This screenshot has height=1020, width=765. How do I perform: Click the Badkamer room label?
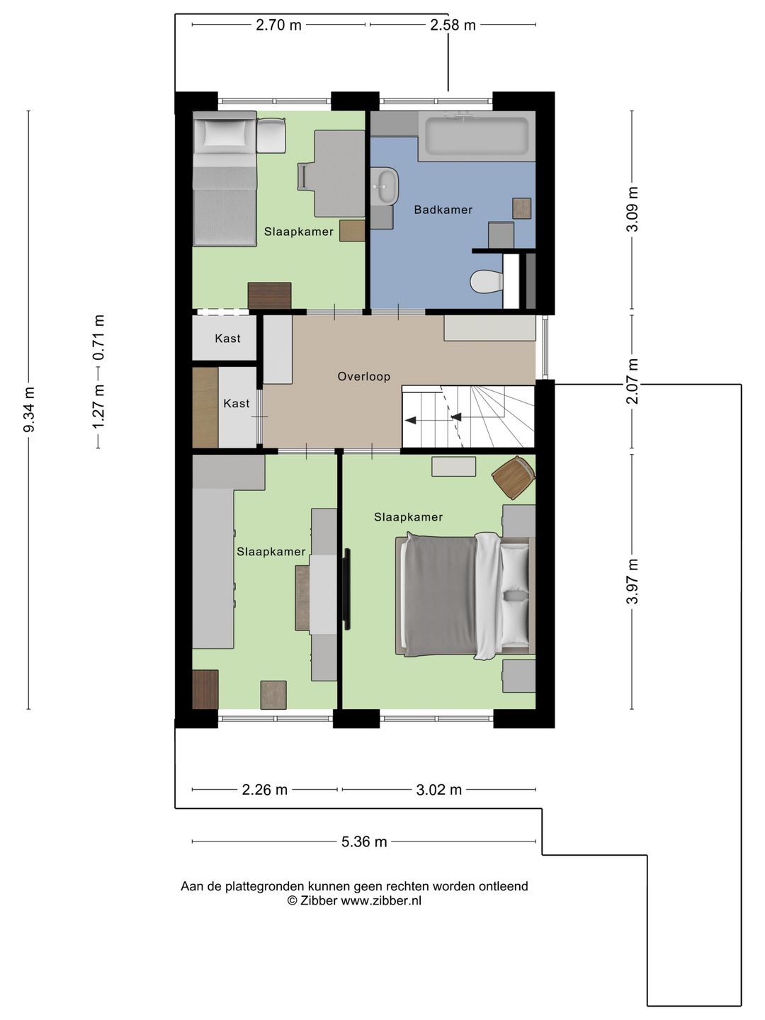point(443,210)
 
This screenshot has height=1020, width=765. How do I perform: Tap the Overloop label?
point(363,376)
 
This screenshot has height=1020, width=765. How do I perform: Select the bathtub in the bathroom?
point(477,136)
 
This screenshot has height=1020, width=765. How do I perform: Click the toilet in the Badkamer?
point(486,281)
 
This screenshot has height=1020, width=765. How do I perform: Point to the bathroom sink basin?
point(385,186)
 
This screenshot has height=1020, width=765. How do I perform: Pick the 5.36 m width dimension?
point(364,841)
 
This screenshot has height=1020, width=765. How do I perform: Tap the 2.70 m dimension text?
point(278,25)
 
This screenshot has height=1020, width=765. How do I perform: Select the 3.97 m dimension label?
point(632,581)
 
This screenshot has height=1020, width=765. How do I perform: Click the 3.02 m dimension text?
point(439,790)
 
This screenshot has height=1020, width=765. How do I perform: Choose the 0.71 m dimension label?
point(98,339)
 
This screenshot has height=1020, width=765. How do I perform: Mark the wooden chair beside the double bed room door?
point(514,477)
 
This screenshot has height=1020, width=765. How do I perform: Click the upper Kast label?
point(227,339)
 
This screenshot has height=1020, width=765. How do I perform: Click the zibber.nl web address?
point(381,900)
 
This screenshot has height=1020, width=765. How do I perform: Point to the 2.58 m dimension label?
point(453,25)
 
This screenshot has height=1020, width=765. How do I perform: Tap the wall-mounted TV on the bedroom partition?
point(347,589)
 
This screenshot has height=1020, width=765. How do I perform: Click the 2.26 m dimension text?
point(265,790)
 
